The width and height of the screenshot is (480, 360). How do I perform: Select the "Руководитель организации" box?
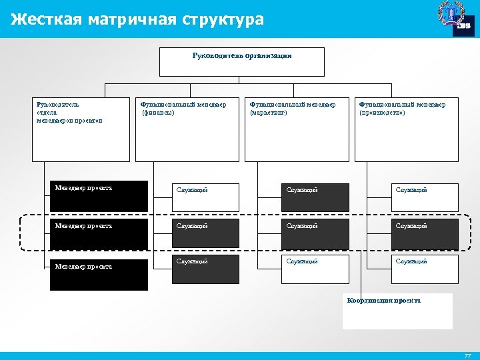(x=242, y=61)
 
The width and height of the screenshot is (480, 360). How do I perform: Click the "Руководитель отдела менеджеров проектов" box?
(x=81, y=129)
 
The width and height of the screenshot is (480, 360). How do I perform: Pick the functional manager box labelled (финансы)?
(x=187, y=129)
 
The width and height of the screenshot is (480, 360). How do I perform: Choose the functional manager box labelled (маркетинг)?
(x=296, y=129)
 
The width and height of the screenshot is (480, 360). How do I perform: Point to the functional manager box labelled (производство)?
(x=406, y=129)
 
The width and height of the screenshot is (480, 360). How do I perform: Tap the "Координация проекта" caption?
(x=384, y=301)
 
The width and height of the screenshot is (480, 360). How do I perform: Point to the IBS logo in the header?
(x=456, y=18)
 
